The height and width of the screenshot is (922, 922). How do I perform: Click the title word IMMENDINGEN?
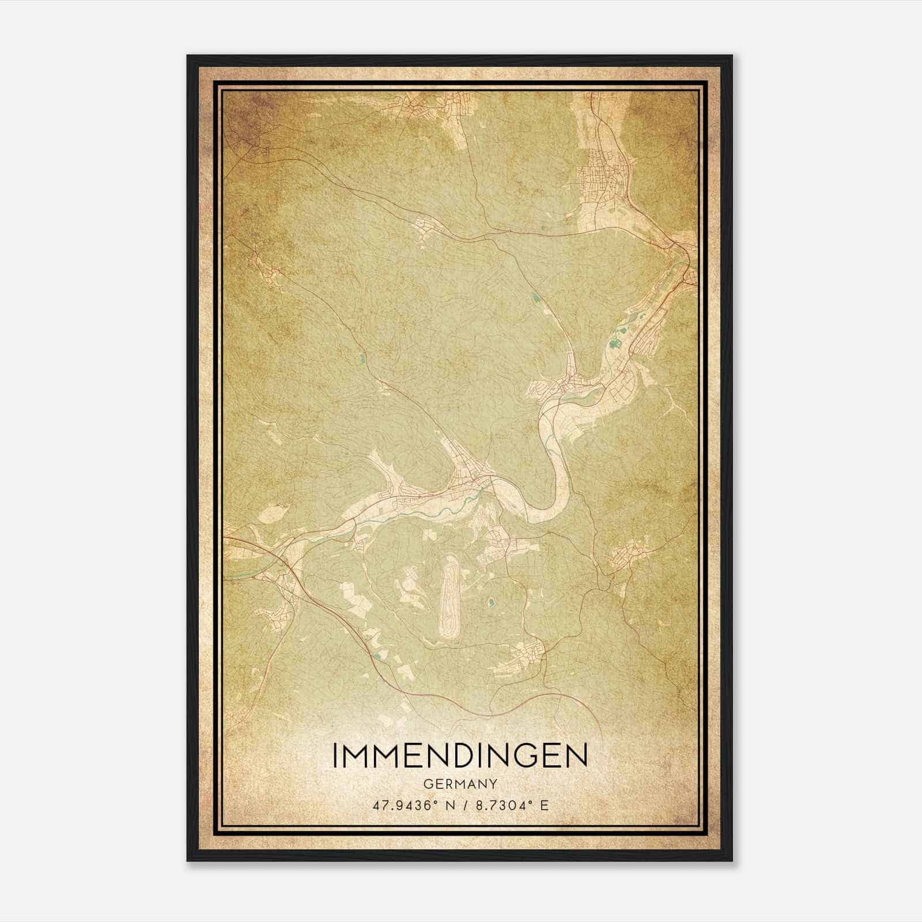pyautogui.click(x=460, y=755)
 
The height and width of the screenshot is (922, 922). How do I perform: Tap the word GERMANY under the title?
pyautogui.click(x=460, y=784)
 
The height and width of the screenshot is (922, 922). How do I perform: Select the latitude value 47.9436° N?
pyautogui.click(x=410, y=805)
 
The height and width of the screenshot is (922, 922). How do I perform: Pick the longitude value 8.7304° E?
pyautogui.click(x=509, y=805)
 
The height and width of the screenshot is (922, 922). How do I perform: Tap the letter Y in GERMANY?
pyautogui.click(x=493, y=784)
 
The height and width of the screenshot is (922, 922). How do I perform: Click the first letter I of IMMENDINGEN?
pyautogui.click(x=335, y=755)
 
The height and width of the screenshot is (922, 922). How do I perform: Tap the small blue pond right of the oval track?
pyautogui.click(x=490, y=603)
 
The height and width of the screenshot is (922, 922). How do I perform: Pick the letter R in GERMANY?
pyautogui.click(x=449, y=784)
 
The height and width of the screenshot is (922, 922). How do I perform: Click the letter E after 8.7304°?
pyautogui.click(x=544, y=805)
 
